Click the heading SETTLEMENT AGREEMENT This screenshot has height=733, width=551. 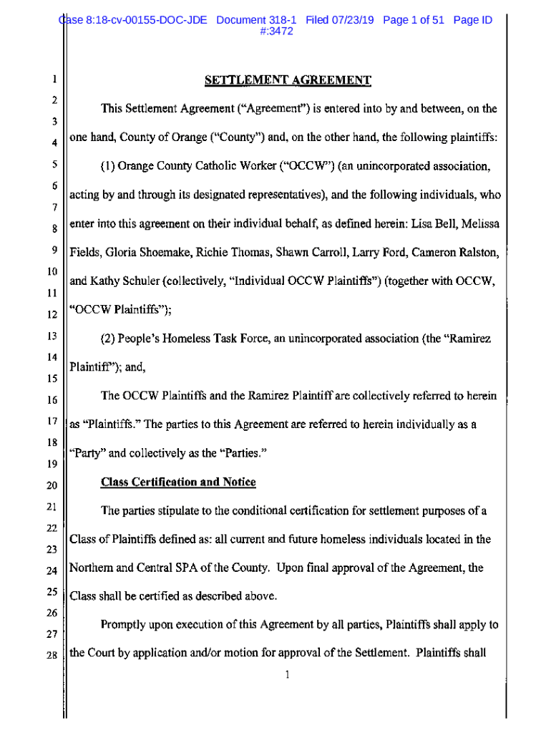coord(288,80)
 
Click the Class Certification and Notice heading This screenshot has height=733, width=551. coord(178,482)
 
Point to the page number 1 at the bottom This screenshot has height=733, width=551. coord(286,676)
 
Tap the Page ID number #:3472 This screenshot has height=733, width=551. coord(276,32)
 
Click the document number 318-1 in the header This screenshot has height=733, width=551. coord(281,20)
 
